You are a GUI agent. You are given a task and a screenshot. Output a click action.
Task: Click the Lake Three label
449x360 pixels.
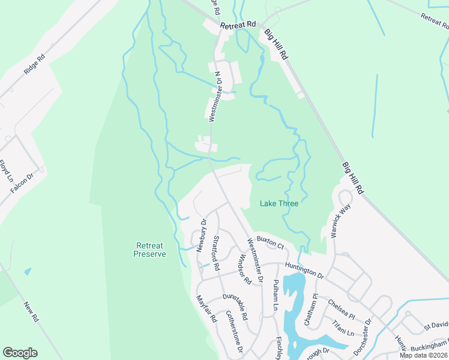coord(279,203)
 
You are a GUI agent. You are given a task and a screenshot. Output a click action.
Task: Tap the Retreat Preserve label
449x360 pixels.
coord(149,250)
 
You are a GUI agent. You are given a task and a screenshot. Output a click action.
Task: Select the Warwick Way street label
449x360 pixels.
coord(340,221)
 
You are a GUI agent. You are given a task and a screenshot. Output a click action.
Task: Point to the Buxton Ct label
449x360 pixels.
coord(270,242)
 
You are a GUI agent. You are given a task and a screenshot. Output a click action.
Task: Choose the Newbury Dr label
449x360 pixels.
coord(202,235)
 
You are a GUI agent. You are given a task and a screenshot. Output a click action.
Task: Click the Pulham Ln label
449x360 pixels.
coord(276,293)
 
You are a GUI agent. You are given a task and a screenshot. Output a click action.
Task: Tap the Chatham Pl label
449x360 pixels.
coord(310,313)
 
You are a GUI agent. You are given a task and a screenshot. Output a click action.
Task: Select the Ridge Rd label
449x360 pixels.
coord(35,65)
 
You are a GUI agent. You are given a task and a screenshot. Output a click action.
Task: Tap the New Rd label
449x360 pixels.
coord(31,313)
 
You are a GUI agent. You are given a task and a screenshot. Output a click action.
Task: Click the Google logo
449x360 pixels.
coord(20,353)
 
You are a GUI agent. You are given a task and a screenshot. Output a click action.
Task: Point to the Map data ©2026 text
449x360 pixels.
coord(423,355)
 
